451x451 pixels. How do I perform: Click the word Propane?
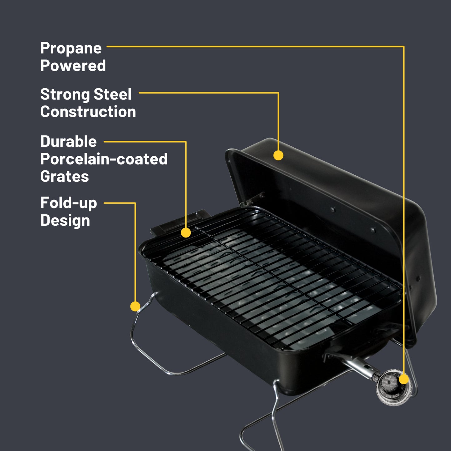pos(71,48)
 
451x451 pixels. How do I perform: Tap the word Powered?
pos(73,66)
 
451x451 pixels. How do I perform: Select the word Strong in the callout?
pos(65,94)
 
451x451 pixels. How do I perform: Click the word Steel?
pos(112,94)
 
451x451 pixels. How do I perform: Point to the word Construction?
pos(88,112)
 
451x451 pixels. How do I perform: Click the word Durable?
pos(68,141)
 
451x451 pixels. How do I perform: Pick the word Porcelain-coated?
pos(104,159)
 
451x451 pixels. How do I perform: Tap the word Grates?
pos(65,176)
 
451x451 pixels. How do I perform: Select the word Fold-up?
pos(69,203)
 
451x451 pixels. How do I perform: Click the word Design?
pos(65,220)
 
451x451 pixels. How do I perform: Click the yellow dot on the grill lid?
pos(278,155)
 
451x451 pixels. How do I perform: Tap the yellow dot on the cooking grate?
pos(186,233)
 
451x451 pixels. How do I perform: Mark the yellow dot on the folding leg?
pos(135,306)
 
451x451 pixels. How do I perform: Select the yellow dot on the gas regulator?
pos(404,379)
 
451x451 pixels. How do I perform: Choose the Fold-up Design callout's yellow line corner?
pos(135,203)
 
